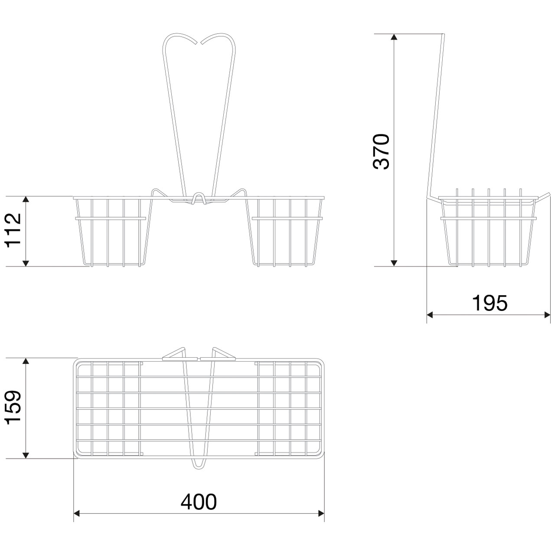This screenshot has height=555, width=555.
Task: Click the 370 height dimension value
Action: click(381, 151)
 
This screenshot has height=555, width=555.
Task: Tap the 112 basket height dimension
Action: click(13, 229)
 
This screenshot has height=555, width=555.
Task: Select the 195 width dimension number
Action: click(490, 303)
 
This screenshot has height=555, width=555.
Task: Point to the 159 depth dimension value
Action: click(13, 407)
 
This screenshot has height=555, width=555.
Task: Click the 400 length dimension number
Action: click(199, 501)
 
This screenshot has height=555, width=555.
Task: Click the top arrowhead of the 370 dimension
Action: click(394, 37)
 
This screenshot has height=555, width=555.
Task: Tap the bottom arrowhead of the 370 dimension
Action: click(394, 263)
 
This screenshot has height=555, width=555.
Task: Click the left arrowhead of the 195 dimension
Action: click(430, 315)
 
